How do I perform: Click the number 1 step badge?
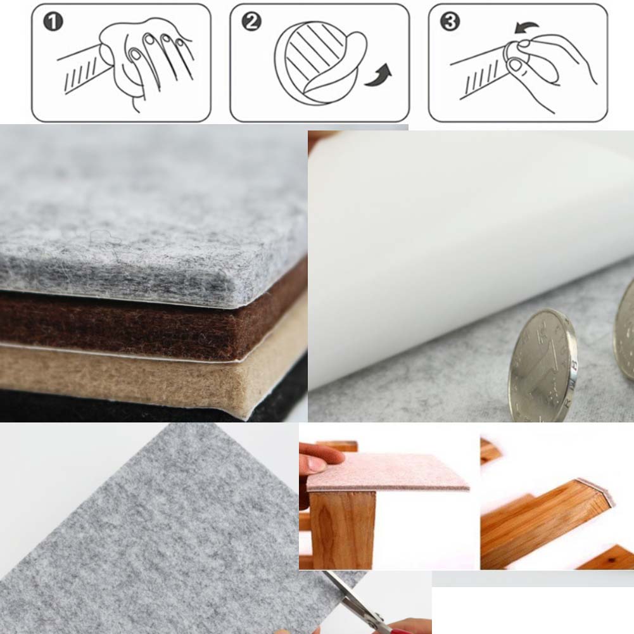pos(53,22)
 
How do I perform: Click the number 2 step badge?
pos(251,22)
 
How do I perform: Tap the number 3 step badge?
pos(450,22)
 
